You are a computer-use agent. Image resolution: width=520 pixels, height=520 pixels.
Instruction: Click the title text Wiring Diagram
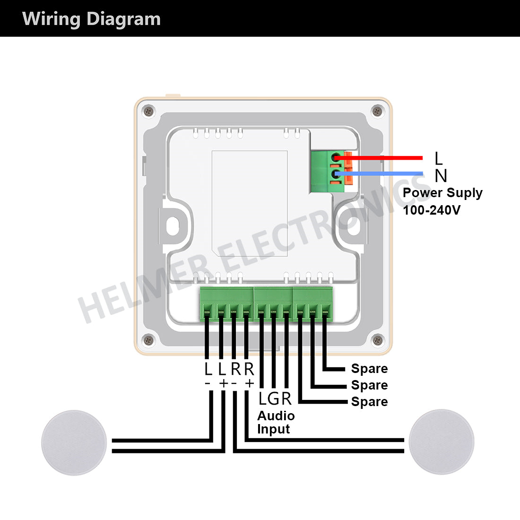(91, 19)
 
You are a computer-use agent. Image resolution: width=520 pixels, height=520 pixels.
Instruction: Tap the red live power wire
(388, 157)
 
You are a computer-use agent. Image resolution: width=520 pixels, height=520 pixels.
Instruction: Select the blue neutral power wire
(388, 174)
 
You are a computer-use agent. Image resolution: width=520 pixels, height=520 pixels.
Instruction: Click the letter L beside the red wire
(439, 158)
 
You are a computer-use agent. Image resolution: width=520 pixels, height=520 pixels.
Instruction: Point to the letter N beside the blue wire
(441, 176)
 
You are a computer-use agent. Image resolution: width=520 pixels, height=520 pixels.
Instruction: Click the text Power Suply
(442, 193)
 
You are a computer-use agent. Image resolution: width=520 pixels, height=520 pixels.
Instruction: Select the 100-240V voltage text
(431, 210)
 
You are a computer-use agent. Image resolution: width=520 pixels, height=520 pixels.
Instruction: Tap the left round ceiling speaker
(74, 442)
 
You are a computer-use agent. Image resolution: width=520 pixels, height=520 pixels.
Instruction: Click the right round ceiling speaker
(441, 442)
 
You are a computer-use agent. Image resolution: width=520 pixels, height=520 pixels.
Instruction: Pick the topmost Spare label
(369, 369)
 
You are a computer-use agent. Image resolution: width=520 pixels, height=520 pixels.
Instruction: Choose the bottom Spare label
(369, 402)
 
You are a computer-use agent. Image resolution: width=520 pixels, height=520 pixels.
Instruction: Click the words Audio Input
(276, 423)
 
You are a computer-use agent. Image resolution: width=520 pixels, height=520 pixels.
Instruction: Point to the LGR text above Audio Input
(275, 399)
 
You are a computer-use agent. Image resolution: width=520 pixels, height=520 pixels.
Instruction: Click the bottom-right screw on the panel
(377, 339)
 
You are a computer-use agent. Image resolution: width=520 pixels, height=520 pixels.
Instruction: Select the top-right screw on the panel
(377, 112)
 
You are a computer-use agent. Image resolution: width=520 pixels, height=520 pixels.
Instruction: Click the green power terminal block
(327, 171)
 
